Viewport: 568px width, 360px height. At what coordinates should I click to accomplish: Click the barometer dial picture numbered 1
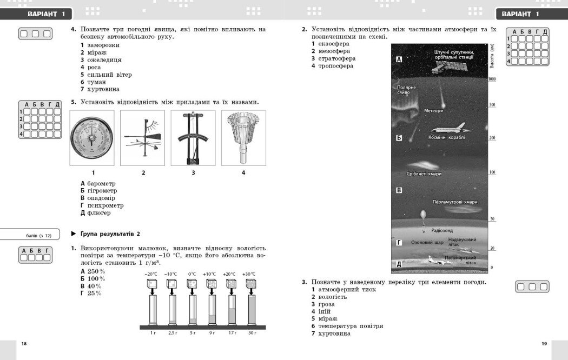click(92, 138)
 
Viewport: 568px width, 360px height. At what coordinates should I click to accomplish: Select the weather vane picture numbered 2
click(143, 138)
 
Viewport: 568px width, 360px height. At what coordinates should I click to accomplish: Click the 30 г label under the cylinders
click(252, 332)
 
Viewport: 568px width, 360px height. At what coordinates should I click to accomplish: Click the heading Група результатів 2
click(110, 234)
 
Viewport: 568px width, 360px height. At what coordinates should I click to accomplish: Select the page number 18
click(24, 344)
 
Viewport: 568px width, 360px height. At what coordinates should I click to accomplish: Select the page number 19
click(544, 344)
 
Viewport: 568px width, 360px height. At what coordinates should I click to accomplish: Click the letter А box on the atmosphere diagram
click(399, 59)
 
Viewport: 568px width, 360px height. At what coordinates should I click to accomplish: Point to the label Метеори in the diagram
click(433, 111)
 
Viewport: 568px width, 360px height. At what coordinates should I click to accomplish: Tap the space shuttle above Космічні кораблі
click(447, 128)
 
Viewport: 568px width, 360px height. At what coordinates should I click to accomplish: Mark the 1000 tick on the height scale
click(492, 79)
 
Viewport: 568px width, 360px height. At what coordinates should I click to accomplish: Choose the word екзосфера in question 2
click(334, 44)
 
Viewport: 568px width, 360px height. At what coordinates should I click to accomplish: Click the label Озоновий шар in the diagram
click(427, 243)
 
